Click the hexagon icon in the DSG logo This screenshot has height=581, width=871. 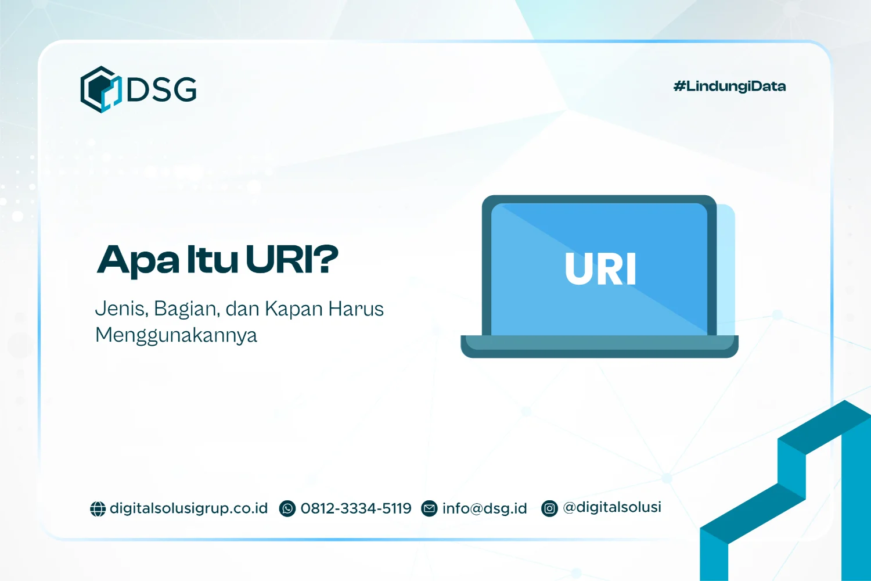coord(101,89)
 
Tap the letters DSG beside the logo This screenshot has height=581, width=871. coord(161,89)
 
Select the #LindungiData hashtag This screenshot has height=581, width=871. coord(729,87)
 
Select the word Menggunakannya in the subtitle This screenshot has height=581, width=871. coord(176,335)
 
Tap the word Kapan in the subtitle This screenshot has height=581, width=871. coord(294,309)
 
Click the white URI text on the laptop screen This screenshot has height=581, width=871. coord(600,268)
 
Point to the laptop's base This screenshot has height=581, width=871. coord(600,346)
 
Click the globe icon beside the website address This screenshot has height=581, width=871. coord(98,508)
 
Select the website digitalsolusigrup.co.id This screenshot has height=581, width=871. coord(189,508)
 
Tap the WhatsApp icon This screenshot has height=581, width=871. coord(287,508)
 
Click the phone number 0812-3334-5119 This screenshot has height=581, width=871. coord(356,508)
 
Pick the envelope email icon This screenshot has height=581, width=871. coord(429,508)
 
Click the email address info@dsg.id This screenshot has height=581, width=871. coord(484,508)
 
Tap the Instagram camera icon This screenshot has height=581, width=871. coord(549,508)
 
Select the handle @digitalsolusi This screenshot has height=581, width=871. coord(612,507)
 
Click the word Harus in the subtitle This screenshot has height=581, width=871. coord(356,309)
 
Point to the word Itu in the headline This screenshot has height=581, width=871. coord(212,259)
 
